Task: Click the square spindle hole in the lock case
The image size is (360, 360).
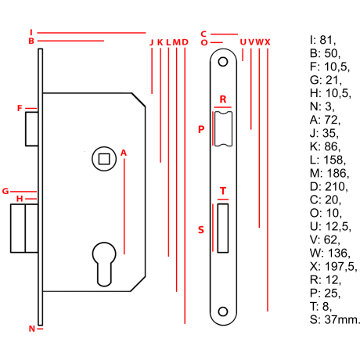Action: (x=104, y=159)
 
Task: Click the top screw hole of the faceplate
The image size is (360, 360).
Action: (x=223, y=62)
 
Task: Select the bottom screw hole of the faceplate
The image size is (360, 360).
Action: (x=223, y=311)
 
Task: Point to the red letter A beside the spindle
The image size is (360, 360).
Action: (x=124, y=153)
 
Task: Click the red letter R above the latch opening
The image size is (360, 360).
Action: (x=223, y=99)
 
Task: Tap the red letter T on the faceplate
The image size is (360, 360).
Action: (x=223, y=191)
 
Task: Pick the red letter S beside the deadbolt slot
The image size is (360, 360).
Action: (x=201, y=230)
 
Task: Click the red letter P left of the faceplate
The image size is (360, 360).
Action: (x=201, y=129)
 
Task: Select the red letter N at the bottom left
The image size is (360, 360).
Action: (x=32, y=329)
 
